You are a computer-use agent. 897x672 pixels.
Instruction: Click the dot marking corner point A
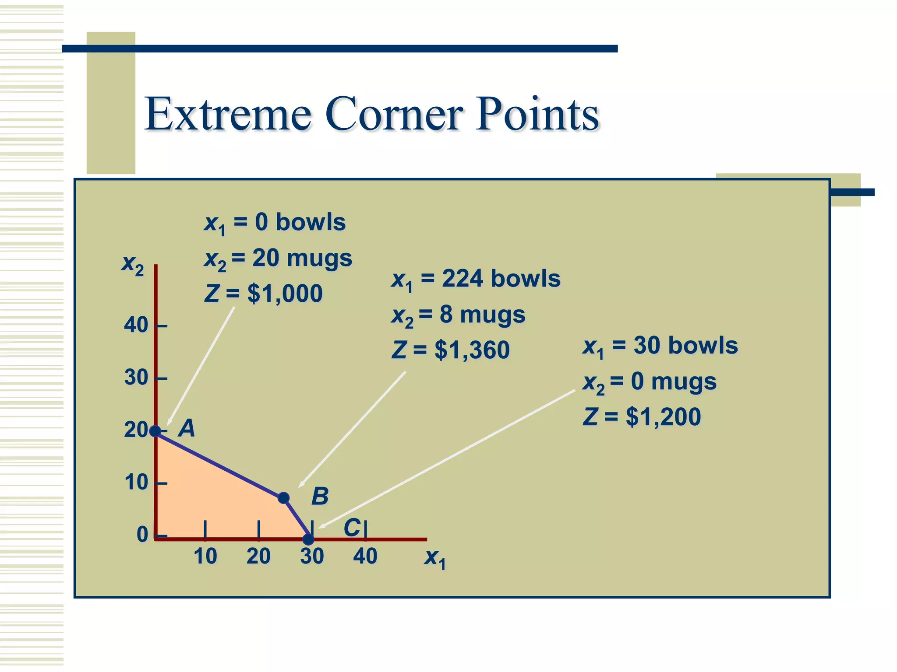[155, 431]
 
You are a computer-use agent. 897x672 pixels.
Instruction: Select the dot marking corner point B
[283, 498]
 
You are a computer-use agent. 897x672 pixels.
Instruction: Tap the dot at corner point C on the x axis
[308, 539]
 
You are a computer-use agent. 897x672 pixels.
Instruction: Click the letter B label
[320, 497]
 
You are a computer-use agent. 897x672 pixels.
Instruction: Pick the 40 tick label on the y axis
[136, 325]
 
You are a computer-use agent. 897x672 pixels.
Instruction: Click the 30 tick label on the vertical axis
[136, 378]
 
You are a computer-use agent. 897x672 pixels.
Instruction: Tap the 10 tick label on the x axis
[205, 556]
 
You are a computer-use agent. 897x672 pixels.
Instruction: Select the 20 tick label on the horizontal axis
[258, 556]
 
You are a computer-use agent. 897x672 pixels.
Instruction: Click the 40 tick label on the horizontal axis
[365, 556]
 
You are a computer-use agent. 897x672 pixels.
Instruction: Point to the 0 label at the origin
[142, 535]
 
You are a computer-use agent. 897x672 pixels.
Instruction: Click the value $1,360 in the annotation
[472, 350]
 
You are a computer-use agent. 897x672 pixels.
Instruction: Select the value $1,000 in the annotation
[285, 294]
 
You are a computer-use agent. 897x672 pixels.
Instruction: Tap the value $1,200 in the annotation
[663, 416]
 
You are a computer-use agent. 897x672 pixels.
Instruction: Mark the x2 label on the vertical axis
[132, 264]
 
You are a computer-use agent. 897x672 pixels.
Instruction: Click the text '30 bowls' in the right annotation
[685, 346]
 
